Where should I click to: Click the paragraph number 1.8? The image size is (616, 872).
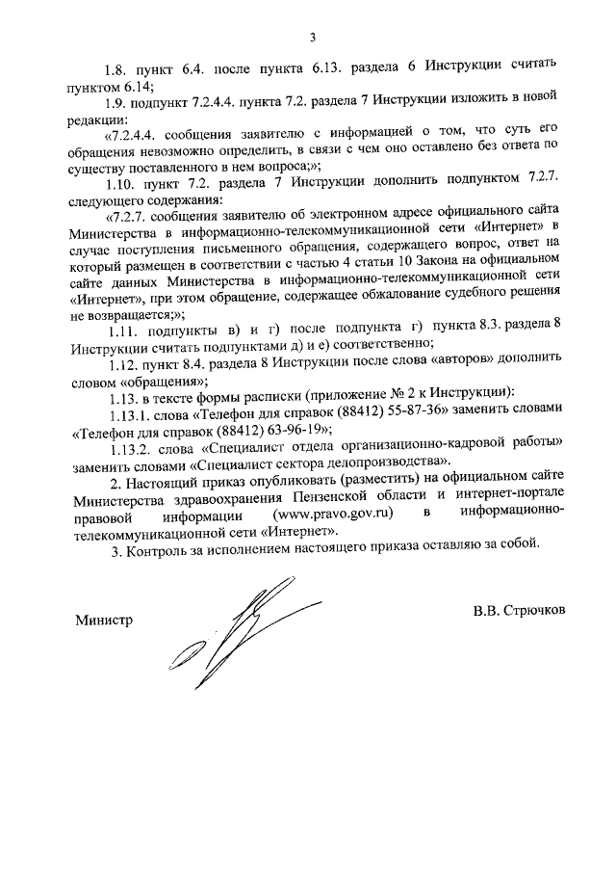(x=119, y=70)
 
